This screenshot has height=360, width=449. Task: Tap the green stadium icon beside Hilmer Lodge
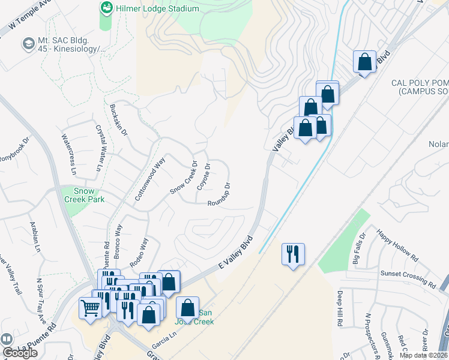[x=106, y=8]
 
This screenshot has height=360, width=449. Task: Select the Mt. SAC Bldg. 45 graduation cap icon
[x=28, y=44]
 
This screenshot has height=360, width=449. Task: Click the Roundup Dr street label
[x=219, y=194]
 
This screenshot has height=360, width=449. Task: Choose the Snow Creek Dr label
[x=184, y=177]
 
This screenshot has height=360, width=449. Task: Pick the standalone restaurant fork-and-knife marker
[x=293, y=254]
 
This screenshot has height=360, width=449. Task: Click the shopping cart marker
[x=91, y=308]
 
